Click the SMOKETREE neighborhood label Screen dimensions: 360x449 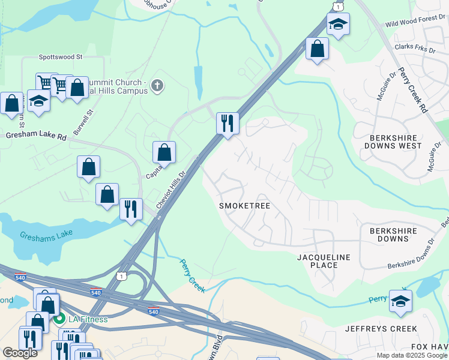coord(244,206)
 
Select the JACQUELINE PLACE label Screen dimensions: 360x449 coord(324,261)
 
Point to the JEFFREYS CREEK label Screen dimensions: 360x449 coord(381,329)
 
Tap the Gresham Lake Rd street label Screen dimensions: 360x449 coord(36,136)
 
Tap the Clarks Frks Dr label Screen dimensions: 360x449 coord(415,47)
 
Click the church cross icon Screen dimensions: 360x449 coord(157,86)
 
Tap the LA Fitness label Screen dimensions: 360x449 coord(87,319)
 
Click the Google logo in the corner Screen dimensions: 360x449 coord(20,353)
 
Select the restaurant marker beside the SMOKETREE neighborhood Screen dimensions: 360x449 coord(228,124)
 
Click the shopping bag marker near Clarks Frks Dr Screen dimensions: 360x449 coord(317,49)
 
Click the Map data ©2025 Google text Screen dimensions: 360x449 coord(412,355)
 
